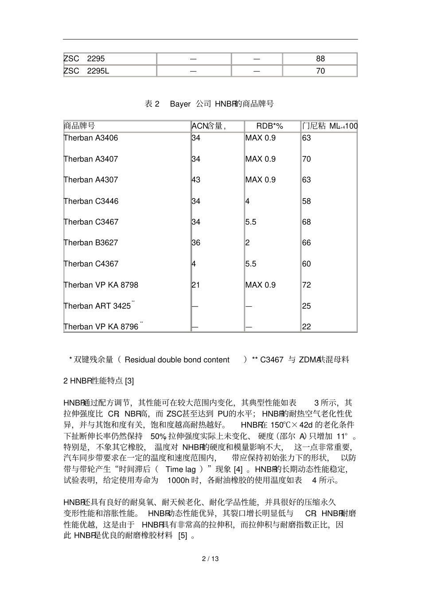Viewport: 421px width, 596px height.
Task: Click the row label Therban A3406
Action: tap(91, 138)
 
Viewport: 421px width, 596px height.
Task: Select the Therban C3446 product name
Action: tap(91, 201)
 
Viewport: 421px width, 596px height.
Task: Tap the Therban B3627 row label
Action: tap(91, 243)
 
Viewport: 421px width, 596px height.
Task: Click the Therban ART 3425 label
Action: tap(97, 306)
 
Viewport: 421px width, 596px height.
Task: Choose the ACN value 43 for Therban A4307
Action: tap(196, 180)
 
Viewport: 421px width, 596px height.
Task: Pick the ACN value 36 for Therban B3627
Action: tap(196, 243)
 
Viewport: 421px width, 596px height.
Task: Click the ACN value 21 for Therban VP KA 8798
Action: tap(196, 285)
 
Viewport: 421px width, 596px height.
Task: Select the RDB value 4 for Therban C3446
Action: tap(247, 201)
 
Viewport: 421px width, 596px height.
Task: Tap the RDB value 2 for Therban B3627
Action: tap(247, 243)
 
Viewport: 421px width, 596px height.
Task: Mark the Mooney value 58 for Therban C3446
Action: tap(306, 201)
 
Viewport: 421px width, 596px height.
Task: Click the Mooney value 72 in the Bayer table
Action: tap(306, 285)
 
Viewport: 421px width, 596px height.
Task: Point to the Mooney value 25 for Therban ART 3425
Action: tap(306, 306)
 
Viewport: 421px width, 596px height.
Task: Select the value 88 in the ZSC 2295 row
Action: tap(320, 58)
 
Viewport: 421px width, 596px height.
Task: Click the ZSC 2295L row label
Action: tap(86, 71)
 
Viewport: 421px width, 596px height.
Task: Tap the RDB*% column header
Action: tap(269, 126)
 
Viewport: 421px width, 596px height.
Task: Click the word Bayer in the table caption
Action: tap(180, 104)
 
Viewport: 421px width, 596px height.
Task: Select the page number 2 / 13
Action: tap(210, 559)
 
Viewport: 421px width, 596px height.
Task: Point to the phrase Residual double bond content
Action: tap(177, 360)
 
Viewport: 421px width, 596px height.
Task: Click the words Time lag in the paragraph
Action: tap(180, 469)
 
